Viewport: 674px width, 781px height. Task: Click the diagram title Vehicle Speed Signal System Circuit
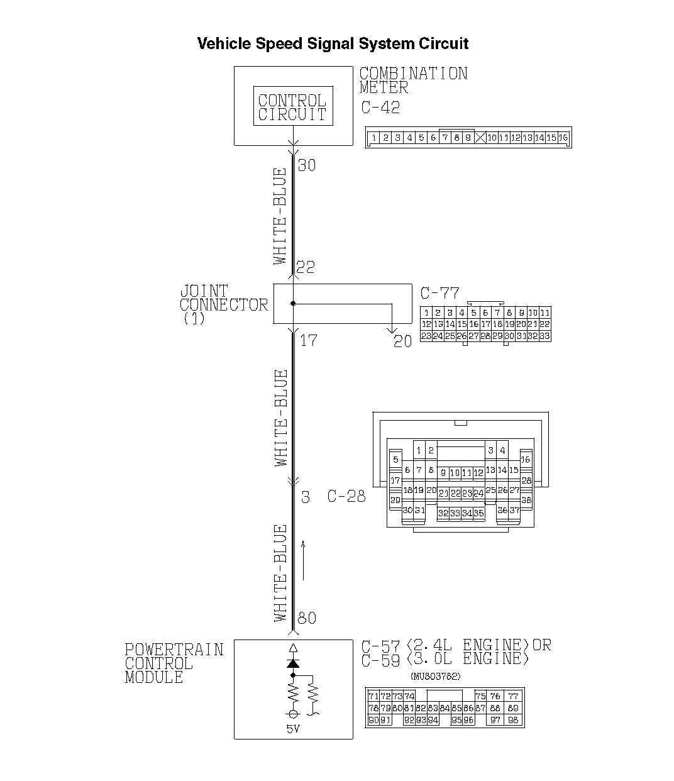[x=333, y=43]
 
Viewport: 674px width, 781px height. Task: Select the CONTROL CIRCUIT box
[x=292, y=106]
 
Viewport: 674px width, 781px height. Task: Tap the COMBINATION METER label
[x=413, y=80]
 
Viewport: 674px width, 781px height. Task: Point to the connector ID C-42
[x=380, y=107]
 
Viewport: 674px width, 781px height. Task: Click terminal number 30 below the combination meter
[x=306, y=165]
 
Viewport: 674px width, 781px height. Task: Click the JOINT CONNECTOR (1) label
[x=223, y=304]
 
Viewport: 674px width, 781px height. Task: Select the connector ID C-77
[x=439, y=293]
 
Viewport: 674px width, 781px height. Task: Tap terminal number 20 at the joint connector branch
[x=402, y=341]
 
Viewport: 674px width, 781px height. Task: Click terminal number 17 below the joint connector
[x=308, y=341]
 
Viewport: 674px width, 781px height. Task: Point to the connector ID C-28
[x=346, y=496]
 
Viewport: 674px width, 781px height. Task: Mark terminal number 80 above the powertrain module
[x=306, y=618]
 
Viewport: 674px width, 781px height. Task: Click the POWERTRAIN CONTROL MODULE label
[x=174, y=663]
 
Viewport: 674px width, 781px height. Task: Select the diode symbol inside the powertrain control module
[x=293, y=663]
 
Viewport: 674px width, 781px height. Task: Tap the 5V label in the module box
[x=292, y=729]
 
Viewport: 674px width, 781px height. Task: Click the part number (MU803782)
[x=435, y=677]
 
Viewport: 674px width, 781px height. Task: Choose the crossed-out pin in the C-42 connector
[x=480, y=138]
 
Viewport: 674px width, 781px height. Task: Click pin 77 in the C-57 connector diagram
[x=513, y=696]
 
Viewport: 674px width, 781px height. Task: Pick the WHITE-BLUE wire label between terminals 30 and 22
[x=280, y=216]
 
